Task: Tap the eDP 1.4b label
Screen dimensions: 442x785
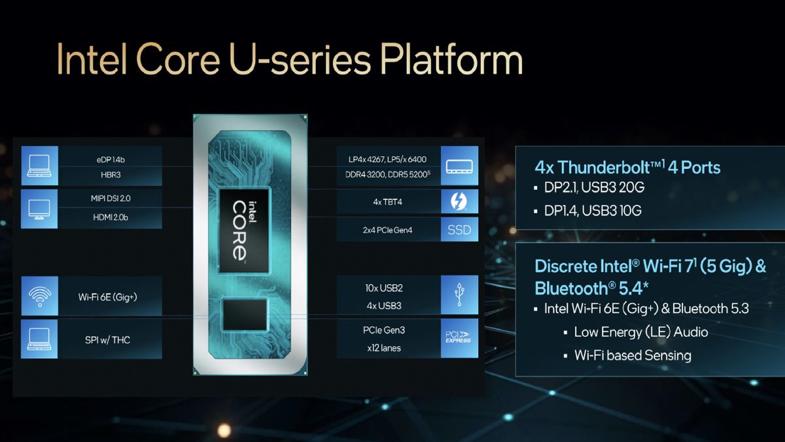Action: pos(109,158)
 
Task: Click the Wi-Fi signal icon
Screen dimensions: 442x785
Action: pos(39,297)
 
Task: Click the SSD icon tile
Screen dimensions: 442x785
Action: pos(459,230)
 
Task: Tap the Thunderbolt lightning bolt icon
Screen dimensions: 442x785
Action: pos(459,201)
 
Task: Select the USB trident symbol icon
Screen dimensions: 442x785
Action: pos(459,297)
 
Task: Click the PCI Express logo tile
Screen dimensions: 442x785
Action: pos(459,338)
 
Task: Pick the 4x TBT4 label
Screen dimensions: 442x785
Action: pos(388,202)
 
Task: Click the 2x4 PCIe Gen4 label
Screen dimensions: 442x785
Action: pos(388,230)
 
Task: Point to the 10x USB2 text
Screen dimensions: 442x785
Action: pos(388,288)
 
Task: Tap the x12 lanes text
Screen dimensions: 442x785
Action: pos(388,348)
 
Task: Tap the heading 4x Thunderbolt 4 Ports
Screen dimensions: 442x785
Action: pos(627,168)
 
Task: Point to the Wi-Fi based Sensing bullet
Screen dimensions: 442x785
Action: pos(633,355)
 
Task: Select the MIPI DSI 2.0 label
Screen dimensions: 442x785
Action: pos(109,198)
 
